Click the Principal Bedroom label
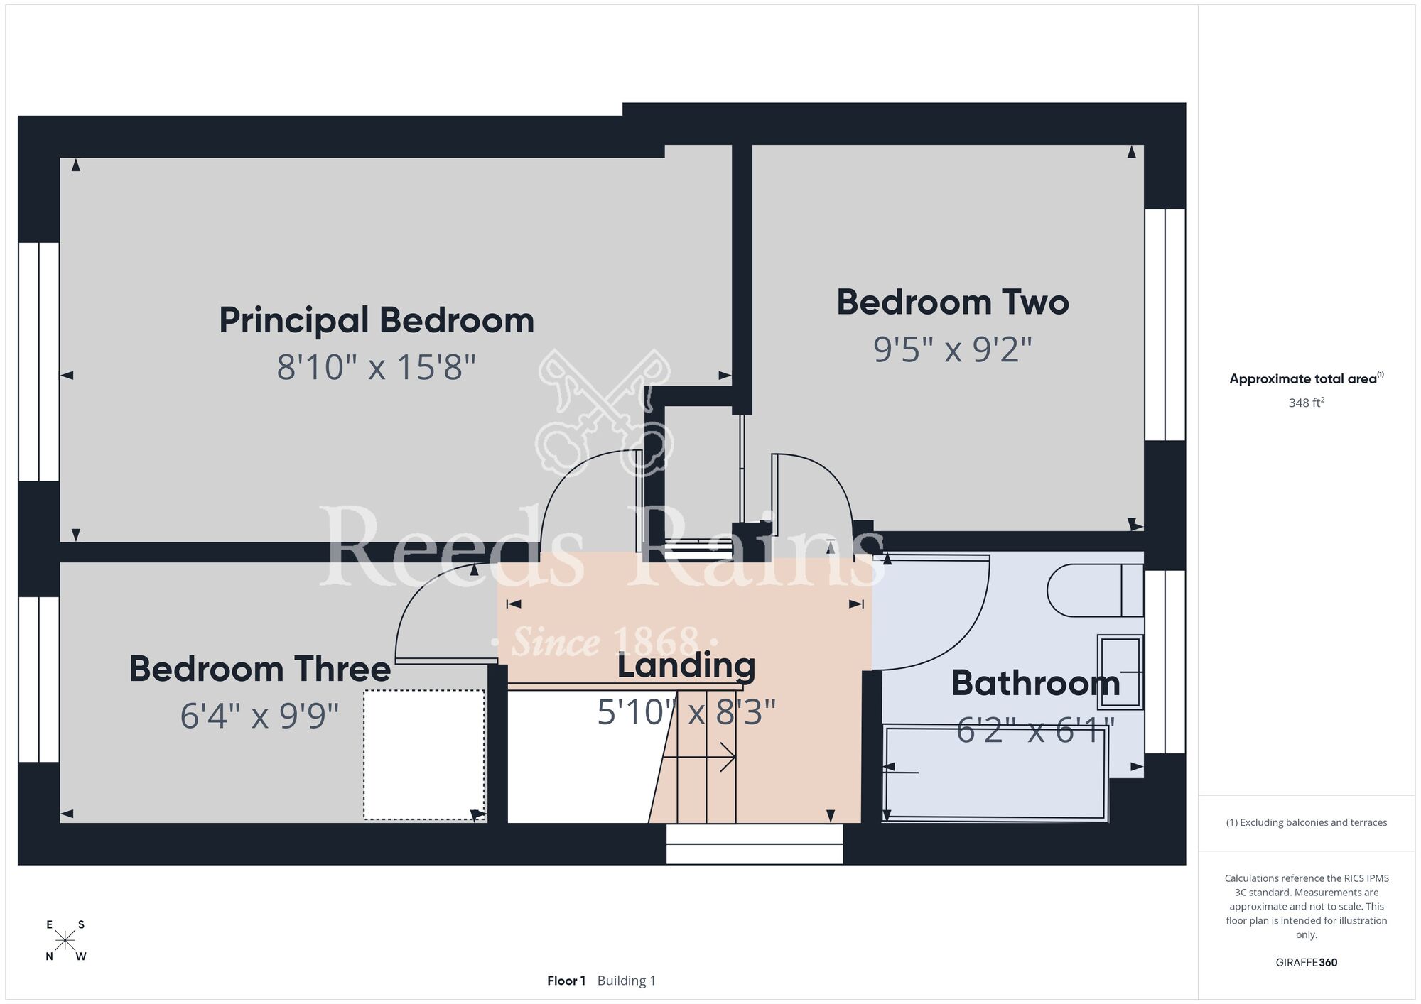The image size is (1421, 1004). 377,321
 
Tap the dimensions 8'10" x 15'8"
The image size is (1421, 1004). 377,368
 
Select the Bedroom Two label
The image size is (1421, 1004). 953,302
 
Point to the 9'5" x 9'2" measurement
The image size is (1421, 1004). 953,349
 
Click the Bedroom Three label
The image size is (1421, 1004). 260,669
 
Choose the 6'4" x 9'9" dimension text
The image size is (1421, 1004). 260,715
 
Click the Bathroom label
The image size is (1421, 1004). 1036,683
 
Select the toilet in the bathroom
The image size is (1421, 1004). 1095,590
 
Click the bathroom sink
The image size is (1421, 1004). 1120,672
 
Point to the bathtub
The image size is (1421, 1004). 995,773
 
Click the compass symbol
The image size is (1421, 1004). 65,941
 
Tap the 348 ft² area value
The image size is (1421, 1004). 1307,403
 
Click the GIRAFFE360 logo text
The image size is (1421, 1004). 1307,963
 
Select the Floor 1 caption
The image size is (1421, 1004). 566,981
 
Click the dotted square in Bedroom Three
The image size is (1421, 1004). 424,754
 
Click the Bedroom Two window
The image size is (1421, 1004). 1165,324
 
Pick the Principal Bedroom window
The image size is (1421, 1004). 38,361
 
